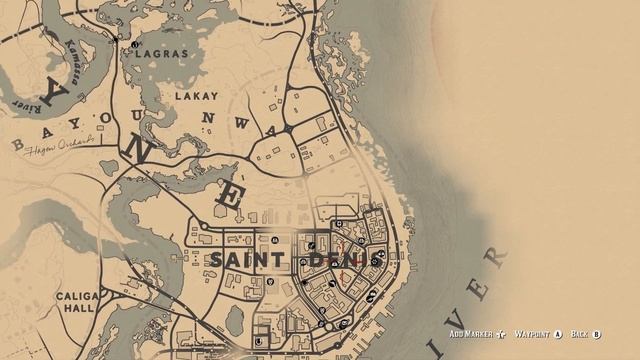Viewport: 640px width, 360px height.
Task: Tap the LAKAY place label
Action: point(195,97)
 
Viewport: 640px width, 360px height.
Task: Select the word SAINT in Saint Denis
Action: point(244,260)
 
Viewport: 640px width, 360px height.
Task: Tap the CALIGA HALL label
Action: point(77,304)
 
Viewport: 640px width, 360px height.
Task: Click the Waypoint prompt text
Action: point(533,334)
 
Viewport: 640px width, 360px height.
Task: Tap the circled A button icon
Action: point(558,334)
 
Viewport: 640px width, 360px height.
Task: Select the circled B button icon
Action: point(597,334)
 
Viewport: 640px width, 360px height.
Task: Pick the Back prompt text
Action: point(579,334)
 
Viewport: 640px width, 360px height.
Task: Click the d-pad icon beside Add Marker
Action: point(501,334)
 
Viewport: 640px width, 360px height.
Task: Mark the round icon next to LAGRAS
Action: point(134,45)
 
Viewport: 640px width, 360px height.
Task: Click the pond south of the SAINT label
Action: point(235,320)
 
